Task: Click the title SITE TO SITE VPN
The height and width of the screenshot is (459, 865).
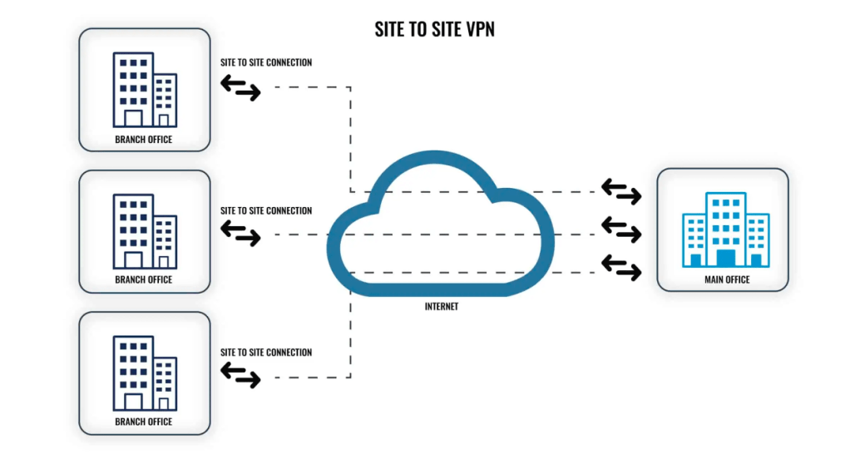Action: click(435, 30)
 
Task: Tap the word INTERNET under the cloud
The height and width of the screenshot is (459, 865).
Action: click(442, 307)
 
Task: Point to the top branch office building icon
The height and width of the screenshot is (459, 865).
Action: click(144, 89)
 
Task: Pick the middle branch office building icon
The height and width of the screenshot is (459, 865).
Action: click(144, 230)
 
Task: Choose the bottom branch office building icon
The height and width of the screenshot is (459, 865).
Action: click(144, 373)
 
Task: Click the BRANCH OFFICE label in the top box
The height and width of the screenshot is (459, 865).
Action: click(144, 139)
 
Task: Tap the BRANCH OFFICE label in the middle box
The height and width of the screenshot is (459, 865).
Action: click(144, 279)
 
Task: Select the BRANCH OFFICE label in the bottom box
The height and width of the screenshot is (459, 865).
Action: click(144, 422)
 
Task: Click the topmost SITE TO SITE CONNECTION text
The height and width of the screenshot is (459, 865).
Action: click(266, 62)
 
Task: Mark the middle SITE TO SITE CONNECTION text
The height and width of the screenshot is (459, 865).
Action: click(266, 210)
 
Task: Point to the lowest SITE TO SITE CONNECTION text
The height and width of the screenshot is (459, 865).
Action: click(266, 353)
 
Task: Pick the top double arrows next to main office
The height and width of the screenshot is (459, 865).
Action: click(621, 191)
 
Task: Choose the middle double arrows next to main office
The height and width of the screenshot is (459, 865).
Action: click(621, 229)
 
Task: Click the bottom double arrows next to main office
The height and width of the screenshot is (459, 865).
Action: click(621, 266)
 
